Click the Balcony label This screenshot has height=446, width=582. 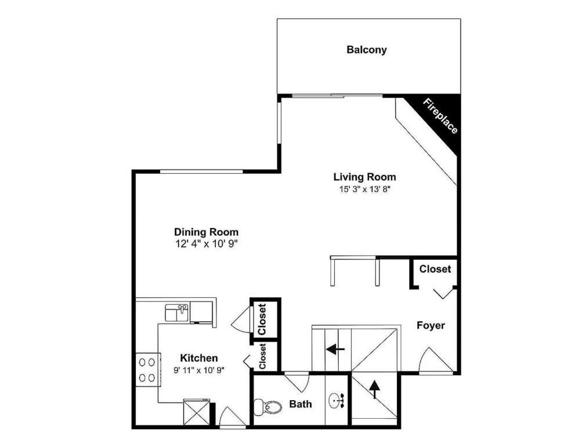click(x=366, y=50)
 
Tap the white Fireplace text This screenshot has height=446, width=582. click(x=440, y=117)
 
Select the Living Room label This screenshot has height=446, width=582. click(x=364, y=177)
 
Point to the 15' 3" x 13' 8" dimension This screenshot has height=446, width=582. click(x=364, y=189)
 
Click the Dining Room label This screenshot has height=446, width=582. click(x=206, y=232)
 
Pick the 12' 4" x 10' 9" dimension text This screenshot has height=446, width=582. click(x=207, y=244)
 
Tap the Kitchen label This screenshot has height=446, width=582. click(x=198, y=358)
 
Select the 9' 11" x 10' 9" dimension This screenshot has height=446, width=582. click(x=198, y=370)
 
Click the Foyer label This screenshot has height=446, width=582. click(x=431, y=325)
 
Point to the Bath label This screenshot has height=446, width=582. click(x=300, y=404)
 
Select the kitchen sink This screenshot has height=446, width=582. click(x=176, y=312)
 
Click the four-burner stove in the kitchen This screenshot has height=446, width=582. click(x=147, y=369)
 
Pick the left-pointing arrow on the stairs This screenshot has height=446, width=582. click(x=335, y=349)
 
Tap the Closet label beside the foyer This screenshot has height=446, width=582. click(x=435, y=269)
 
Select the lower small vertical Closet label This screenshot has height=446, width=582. click(x=262, y=356)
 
